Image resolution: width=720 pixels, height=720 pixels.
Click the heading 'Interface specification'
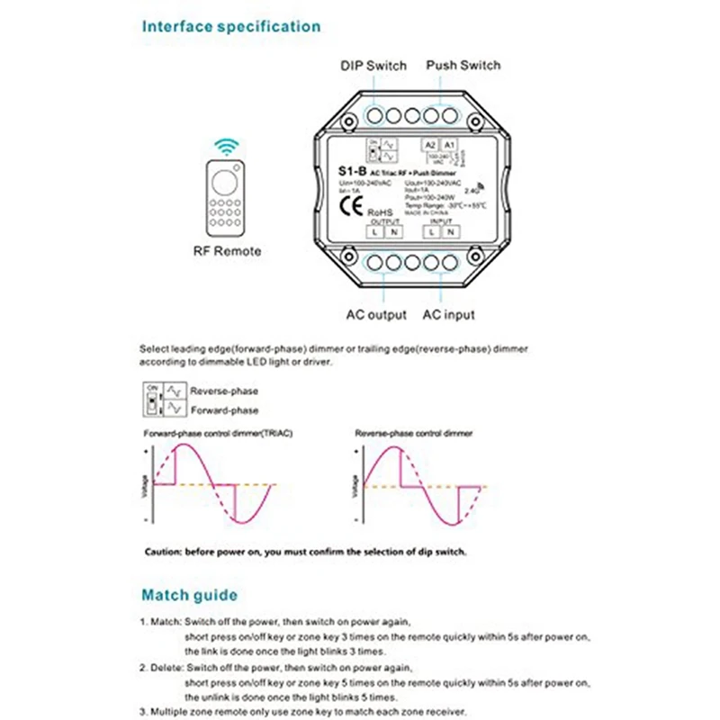tap(231, 26)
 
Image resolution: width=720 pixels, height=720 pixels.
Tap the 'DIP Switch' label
tap(373, 66)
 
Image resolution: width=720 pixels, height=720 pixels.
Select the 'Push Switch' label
tap(463, 66)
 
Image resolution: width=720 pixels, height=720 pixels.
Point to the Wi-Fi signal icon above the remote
tap(226, 147)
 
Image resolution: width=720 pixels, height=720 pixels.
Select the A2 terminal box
tap(430, 145)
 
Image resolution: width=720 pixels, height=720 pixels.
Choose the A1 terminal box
tap(449, 145)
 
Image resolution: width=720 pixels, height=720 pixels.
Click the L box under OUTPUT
tap(373, 231)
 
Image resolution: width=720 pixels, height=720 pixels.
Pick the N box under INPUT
tap(450, 231)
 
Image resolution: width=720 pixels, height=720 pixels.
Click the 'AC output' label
tap(376, 315)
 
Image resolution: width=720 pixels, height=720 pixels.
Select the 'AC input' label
tap(447, 315)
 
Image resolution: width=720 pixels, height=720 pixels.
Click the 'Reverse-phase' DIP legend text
tap(224, 391)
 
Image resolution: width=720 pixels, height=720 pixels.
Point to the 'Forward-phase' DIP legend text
tap(224, 410)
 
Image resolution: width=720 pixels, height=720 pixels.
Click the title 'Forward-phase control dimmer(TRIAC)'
tap(219, 434)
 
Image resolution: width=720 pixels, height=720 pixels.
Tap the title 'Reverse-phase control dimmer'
tap(415, 434)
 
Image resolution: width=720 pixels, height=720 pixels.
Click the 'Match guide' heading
tap(190, 595)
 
